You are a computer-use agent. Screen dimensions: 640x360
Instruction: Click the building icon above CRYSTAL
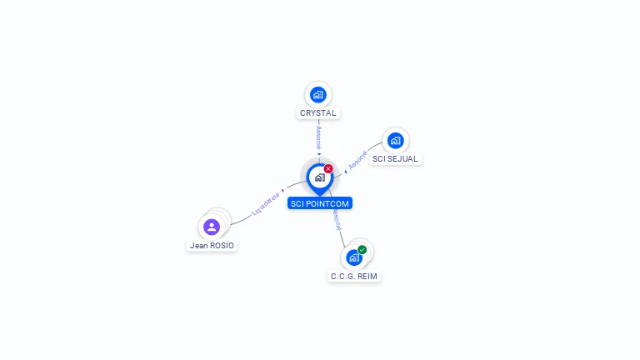coord(317,95)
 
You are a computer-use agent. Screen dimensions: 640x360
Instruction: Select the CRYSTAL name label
coord(317,113)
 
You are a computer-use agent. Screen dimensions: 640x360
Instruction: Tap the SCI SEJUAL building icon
coord(395,140)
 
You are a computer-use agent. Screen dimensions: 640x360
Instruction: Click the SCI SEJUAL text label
coord(395,158)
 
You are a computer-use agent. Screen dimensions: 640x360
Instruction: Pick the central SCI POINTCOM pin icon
coord(319,177)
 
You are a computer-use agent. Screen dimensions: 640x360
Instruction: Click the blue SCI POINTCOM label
coord(320,203)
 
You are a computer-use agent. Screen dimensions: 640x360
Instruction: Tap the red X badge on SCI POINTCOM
coord(328,169)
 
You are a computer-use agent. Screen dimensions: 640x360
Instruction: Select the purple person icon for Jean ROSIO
coord(212,227)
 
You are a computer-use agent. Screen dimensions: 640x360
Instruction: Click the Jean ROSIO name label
coord(212,246)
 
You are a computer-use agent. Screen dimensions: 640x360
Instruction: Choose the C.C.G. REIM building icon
coord(353,257)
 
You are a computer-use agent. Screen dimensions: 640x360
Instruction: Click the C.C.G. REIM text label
coord(354,276)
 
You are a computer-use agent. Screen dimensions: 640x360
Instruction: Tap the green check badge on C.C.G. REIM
coord(362,249)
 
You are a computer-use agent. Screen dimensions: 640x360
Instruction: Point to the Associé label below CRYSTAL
coord(318,137)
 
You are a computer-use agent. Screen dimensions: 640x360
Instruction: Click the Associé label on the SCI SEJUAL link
coord(357,161)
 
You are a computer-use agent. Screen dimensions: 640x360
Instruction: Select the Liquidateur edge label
coord(267,202)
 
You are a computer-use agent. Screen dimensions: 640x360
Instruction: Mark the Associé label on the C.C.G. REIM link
coord(336,220)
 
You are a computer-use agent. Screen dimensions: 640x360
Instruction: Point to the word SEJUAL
coord(404,158)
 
